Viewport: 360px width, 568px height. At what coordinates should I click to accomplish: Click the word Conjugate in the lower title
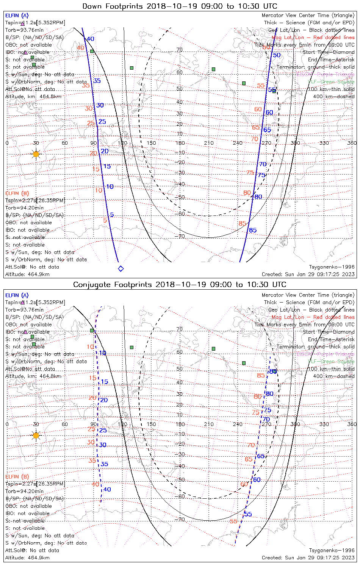coord(89,284)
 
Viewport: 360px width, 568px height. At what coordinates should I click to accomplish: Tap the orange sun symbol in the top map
coord(36,154)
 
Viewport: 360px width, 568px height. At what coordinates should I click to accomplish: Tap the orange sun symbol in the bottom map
coord(36,435)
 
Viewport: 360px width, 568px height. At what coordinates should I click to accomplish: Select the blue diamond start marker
coord(121,268)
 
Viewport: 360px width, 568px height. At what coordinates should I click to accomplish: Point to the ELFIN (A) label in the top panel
coord(17,16)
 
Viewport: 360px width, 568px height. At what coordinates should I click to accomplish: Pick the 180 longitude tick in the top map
coord(180,143)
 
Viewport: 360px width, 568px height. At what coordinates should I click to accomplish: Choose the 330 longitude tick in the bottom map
coord(324,424)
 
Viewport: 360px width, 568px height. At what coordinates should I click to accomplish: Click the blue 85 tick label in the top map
coord(253,230)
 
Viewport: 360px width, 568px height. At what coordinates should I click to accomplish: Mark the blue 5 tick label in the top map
coord(112,215)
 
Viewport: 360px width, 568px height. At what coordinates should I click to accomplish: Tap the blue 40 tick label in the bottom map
coord(107,489)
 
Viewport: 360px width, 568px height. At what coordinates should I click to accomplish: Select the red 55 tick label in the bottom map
coord(233,521)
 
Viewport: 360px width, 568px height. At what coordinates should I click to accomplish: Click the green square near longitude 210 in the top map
coord(214,69)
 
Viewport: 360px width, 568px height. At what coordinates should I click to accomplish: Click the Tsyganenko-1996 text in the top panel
coord(332,267)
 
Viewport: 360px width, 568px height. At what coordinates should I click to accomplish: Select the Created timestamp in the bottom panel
coord(308,557)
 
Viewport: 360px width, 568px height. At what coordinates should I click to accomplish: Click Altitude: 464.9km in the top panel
coord(27,274)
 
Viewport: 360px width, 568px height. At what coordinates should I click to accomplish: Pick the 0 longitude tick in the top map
coord(7,143)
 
